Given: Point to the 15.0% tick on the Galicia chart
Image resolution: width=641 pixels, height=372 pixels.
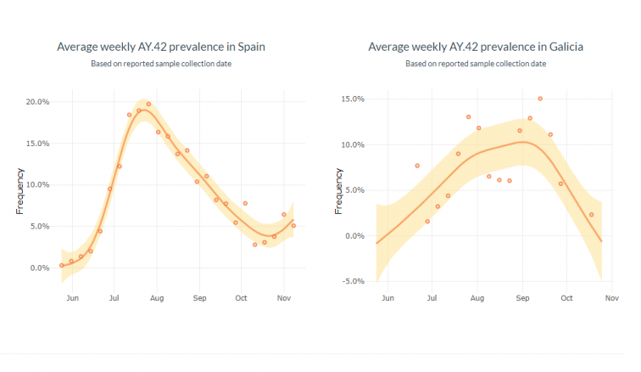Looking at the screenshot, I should coord(351,99).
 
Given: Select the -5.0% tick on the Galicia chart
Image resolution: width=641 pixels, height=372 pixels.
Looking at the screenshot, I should coord(351,281).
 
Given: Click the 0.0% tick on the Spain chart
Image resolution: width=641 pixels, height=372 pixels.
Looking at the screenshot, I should coord(39,268).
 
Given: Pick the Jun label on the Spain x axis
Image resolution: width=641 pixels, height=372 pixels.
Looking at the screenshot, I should coord(73,298).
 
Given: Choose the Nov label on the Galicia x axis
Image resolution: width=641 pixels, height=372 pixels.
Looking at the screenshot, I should coord(611,298).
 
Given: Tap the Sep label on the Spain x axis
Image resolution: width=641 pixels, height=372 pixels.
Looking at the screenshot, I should coord(200,298).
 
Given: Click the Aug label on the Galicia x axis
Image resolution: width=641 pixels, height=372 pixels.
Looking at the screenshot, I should coord(477,298).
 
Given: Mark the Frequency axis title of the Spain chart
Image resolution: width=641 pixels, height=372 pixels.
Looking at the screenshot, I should coord(20,192).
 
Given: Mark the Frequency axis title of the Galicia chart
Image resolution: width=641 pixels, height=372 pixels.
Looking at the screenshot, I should coord(337,192).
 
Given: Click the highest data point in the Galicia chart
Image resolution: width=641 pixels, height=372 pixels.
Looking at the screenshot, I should coord(540,99).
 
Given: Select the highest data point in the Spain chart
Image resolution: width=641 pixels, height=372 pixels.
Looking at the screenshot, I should coord(148,104).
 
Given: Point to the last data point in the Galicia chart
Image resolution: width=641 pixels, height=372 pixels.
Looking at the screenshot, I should coord(592,215).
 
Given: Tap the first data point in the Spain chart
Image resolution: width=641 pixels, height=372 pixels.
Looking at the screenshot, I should coord(62,265).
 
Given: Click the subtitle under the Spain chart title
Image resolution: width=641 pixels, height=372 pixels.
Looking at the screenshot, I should coord(161,64).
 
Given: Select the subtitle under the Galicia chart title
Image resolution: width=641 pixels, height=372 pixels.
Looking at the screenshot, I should coord(476,64).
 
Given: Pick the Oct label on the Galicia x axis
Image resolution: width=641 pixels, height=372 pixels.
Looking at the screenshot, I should coord(566,298).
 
